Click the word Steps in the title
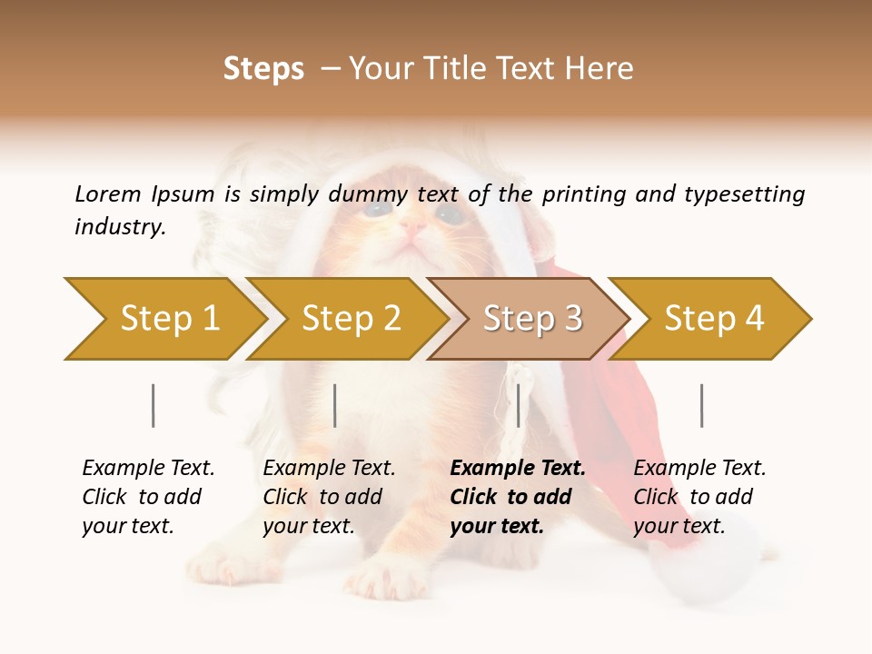263,69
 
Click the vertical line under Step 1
154,405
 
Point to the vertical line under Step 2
335,405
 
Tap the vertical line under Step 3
519,405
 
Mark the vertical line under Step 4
702,405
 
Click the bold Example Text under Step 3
518,497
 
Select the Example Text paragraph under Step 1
149,497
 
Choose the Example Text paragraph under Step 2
330,497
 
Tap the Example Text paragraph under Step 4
699,497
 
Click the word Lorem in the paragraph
108,193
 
